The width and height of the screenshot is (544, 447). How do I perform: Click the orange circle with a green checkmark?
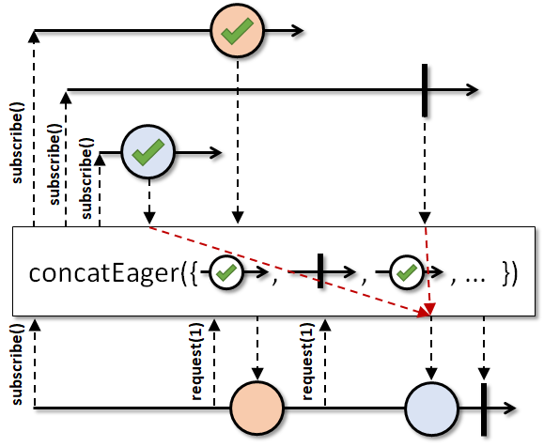(x=238, y=30)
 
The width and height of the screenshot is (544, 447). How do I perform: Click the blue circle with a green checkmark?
(x=148, y=152)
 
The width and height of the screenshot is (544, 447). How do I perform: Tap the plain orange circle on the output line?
(x=257, y=408)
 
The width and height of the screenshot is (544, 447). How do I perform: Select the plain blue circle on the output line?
(x=431, y=408)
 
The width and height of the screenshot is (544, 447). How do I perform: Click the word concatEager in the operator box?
(x=104, y=273)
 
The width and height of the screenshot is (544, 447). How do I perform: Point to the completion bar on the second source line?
(x=425, y=90)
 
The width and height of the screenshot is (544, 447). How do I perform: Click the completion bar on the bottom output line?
(x=484, y=409)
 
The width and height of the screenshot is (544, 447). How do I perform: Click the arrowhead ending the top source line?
(x=297, y=30)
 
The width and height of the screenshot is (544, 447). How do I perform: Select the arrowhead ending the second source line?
(x=472, y=90)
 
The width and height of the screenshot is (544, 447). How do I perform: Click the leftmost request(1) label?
(x=196, y=362)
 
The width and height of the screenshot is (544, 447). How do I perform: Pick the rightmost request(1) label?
(x=307, y=362)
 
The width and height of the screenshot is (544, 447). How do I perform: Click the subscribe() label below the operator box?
(x=17, y=364)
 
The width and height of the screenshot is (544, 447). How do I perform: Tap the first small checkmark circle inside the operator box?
(x=226, y=272)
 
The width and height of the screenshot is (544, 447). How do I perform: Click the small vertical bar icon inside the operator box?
(x=320, y=270)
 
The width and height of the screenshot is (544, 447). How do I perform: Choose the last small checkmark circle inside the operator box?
(x=407, y=272)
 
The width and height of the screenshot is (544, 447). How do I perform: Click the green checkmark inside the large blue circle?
(x=148, y=152)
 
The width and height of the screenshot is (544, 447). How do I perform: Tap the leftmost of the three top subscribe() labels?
(x=17, y=143)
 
